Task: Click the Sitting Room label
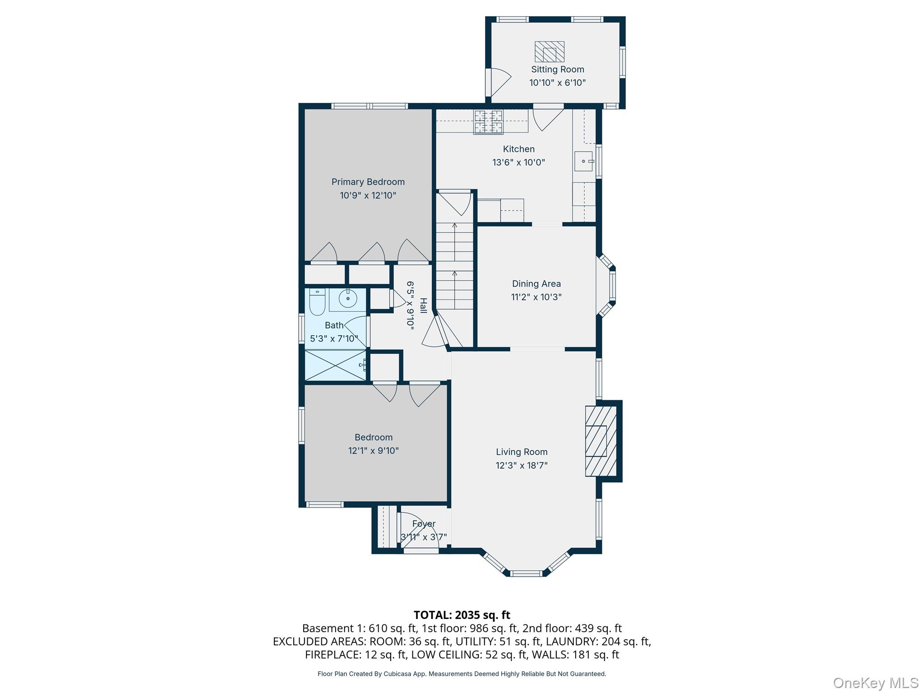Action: point(557,69)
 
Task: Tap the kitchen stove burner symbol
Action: point(488,122)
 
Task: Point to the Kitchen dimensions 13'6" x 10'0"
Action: point(518,162)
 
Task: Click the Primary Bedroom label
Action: point(368,182)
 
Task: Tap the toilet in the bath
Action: point(317,302)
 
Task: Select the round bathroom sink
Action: point(347,299)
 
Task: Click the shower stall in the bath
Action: point(335,365)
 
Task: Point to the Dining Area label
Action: point(536,284)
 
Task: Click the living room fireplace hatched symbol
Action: point(601,441)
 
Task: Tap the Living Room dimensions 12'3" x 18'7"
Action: point(522,466)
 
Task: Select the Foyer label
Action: point(424,524)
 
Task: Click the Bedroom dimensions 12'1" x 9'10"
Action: point(373,451)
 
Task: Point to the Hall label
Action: point(423,305)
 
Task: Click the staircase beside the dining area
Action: point(454,266)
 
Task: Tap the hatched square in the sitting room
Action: point(549,52)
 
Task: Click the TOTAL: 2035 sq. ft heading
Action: point(462,615)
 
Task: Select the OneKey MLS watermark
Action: point(875,683)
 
